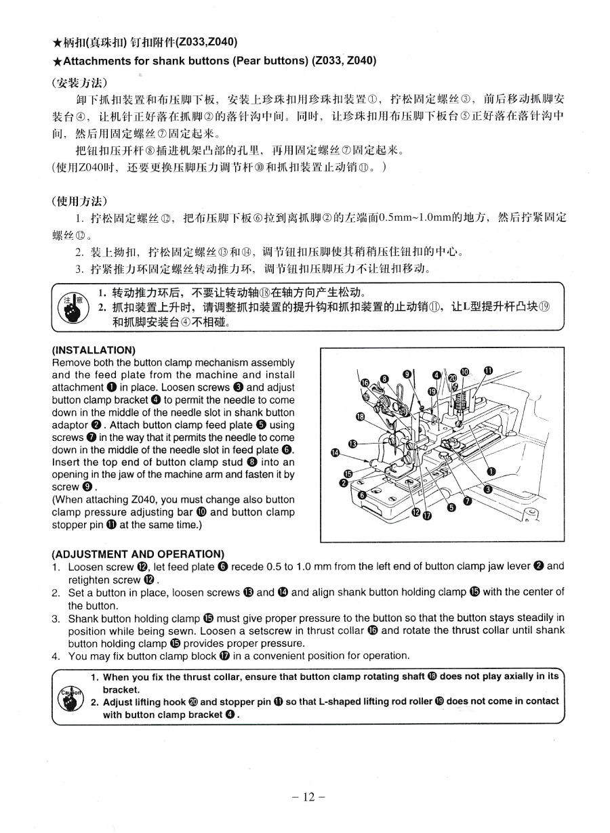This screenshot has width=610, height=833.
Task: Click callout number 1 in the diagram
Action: pyautogui.click(x=491, y=471)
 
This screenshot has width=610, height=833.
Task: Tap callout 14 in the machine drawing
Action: pyautogui.click(x=334, y=452)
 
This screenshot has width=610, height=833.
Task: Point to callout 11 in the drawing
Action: pyautogui.click(x=488, y=370)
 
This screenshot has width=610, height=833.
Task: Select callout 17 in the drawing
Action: pyautogui.click(x=426, y=517)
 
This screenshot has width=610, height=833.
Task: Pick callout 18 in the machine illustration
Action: pyautogui.click(x=361, y=417)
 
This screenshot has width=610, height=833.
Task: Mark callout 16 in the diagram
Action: pyautogui.click(x=365, y=384)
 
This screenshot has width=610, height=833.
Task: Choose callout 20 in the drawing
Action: pyautogui.click(x=452, y=376)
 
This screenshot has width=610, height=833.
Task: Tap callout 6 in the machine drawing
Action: pyautogui.click(x=362, y=495)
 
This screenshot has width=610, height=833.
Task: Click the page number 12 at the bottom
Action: pyautogui.click(x=304, y=797)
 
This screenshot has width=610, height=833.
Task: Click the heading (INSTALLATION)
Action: pyautogui.click(x=94, y=350)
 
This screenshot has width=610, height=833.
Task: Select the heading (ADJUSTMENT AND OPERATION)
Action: pyautogui.click(x=138, y=554)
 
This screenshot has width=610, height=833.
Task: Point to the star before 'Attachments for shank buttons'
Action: pyautogui.click(x=57, y=60)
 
